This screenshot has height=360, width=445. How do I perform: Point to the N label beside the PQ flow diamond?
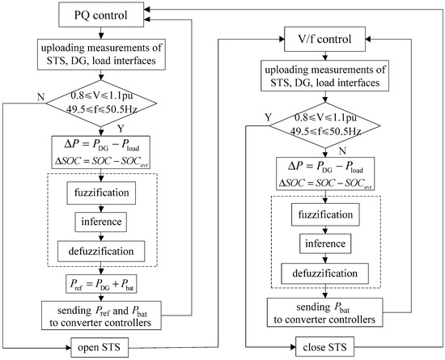[30, 97]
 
